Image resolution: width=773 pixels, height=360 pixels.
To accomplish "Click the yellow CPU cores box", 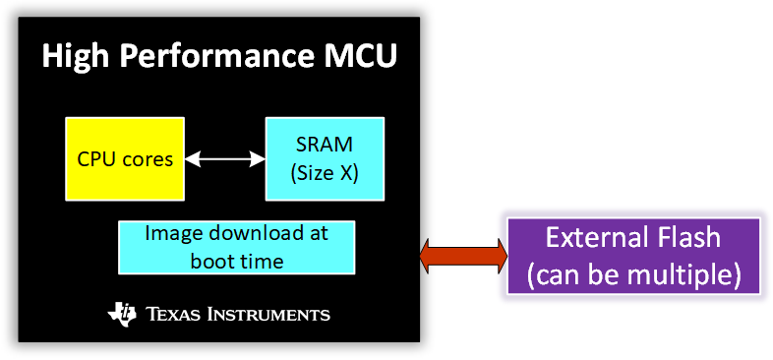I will (124, 158).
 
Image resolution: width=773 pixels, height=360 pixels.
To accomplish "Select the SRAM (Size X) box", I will (325, 158).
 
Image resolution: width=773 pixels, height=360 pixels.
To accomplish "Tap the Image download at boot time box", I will (236, 247).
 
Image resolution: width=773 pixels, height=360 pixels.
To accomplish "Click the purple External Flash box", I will (633, 256).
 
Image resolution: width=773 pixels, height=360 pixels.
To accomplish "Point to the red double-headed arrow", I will (463, 255).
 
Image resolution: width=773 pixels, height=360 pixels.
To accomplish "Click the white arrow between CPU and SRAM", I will (224, 158).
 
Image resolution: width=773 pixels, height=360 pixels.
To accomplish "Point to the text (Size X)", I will (325, 172).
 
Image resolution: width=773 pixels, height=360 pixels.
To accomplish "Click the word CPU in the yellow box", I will (95, 158).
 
